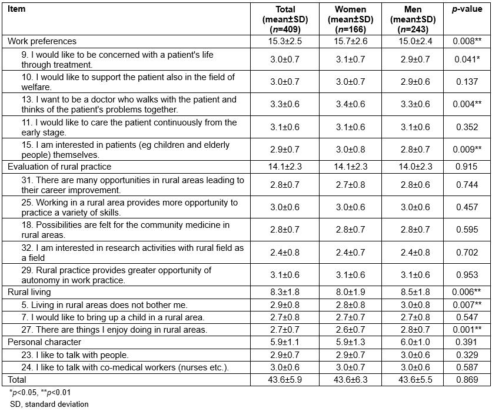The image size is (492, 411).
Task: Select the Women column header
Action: (x=350, y=19)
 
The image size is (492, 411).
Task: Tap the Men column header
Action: (x=413, y=19)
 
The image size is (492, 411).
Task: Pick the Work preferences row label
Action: (x=42, y=41)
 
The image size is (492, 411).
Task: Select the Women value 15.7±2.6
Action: (x=350, y=41)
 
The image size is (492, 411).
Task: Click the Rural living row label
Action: (x=29, y=292)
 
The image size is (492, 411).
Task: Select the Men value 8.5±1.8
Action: (x=413, y=292)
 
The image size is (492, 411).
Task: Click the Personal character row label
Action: (x=44, y=342)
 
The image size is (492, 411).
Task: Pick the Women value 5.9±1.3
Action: (x=350, y=342)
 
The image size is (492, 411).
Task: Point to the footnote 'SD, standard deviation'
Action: (x=49, y=404)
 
